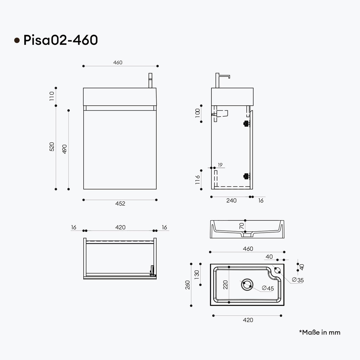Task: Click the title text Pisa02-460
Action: [x=60, y=40]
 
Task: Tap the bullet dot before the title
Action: [x=17, y=40]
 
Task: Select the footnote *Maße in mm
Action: [x=320, y=332]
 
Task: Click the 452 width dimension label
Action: [x=120, y=204]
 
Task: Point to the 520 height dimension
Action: [x=52, y=147]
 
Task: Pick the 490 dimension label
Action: [x=65, y=149]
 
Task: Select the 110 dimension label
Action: [x=52, y=96]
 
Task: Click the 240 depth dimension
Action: [x=231, y=200]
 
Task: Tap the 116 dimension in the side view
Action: [x=198, y=180]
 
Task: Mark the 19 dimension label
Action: [x=220, y=165]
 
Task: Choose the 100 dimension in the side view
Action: [x=198, y=113]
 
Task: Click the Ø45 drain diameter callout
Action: [x=268, y=288]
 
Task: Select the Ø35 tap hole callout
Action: [x=298, y=280]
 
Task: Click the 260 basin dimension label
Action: [x=187, y=285]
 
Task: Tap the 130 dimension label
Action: [x=196, y=274]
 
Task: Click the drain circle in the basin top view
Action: [x=247, y=285]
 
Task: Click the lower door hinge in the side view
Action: [x=246, y=176]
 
